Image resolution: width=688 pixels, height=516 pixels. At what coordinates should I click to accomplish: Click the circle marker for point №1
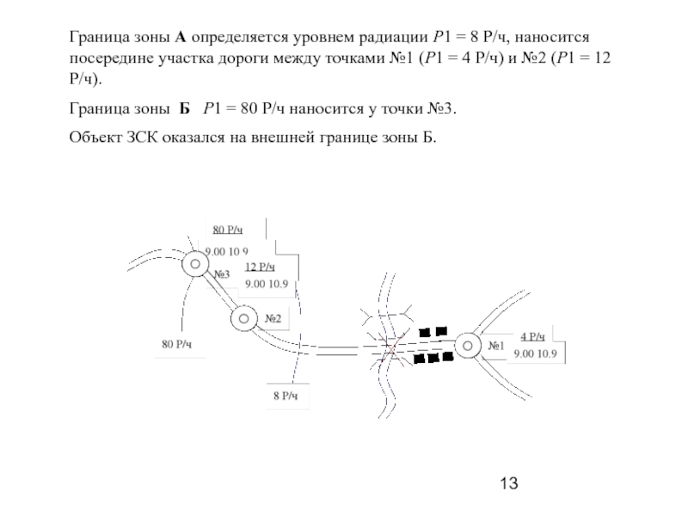point(468,346)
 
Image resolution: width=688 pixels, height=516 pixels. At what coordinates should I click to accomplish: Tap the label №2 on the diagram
point(273,318)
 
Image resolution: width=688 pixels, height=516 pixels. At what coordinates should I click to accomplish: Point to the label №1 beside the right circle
point(496,346)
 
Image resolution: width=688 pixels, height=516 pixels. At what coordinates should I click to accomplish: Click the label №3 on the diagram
point(222,274)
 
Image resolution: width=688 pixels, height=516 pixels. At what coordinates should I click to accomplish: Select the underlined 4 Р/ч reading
point(532,336)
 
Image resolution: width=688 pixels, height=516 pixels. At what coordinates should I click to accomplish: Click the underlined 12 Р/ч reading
point(260,267)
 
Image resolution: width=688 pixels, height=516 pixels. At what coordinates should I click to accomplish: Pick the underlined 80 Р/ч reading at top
point(228,230)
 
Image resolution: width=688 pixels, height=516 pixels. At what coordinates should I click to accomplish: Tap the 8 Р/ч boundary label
point(286,396)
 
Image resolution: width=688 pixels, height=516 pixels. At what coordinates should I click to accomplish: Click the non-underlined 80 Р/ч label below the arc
point(177,344)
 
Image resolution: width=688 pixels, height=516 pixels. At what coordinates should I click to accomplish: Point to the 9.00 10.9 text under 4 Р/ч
point(535,353)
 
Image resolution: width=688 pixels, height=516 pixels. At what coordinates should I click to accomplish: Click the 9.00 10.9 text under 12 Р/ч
point(267,284)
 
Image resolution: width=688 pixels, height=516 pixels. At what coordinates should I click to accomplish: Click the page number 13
point(509,483)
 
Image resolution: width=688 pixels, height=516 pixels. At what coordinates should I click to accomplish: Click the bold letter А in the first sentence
point(181,37)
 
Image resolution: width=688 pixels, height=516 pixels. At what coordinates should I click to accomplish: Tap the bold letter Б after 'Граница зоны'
point(184,108)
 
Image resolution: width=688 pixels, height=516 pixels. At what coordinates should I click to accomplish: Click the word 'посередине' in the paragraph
point(111,58)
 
